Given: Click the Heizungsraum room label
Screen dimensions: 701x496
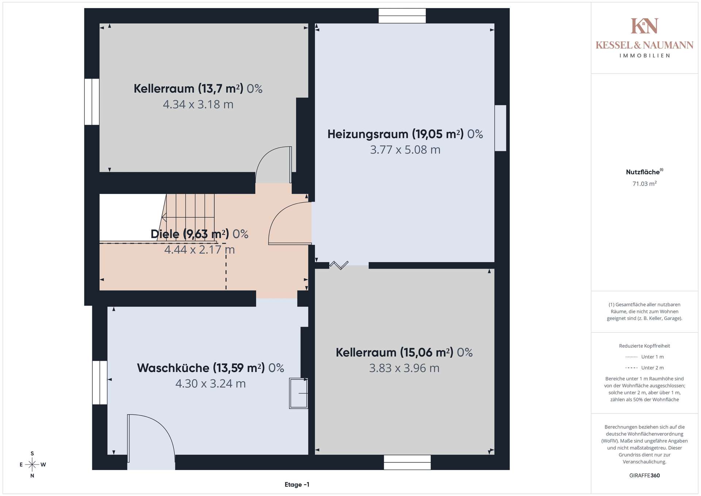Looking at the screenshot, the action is pos(405,134).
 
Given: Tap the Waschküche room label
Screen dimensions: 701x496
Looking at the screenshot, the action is pos(210,368).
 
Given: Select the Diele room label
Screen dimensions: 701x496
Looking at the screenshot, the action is pos(199,234).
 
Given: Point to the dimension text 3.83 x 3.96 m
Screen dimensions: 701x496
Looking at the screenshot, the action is pos(404,368).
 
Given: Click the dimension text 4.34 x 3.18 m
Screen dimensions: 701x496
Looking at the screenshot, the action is pos(198,104).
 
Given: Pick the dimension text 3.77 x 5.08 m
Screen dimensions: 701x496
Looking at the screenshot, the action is pos(405,150).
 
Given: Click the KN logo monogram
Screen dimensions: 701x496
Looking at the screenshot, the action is pos(644,26).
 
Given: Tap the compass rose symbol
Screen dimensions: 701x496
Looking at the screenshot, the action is pos(32,465).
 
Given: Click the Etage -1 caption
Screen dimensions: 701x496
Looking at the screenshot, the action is pos(297,485).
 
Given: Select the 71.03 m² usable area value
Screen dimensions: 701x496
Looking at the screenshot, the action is pos(644,184).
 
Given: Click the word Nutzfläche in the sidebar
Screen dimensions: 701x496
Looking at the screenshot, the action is pos(643,172).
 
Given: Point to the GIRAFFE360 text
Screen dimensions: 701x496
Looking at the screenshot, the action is pos(644,476).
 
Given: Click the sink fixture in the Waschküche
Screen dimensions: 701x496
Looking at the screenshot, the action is pos(299,393).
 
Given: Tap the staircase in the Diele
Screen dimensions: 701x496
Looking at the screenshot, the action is pos(188,218).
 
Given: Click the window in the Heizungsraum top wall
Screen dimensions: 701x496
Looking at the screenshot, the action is pos(402,16).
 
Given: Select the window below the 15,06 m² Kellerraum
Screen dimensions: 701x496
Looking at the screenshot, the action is pos(407,462).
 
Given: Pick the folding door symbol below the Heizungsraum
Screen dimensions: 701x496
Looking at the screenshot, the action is pos(339,265).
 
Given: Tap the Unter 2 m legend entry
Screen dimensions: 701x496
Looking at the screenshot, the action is pos(644,368).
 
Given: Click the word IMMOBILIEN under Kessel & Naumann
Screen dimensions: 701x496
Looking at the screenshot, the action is pos(644,56).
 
